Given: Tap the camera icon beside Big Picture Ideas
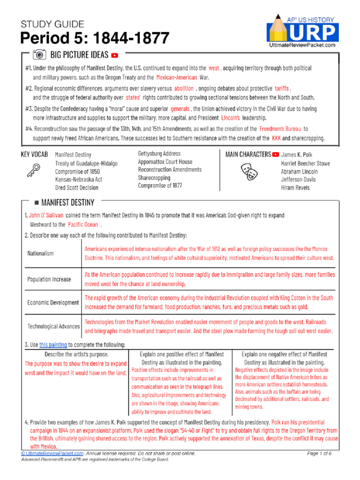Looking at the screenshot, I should tap(39, 54).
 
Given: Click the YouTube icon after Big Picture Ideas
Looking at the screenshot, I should tap(115, 55).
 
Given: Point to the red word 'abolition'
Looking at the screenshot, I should tap(183, 88).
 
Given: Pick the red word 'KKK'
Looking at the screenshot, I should tap(277, 138).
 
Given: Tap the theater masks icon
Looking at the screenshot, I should tap(248, 172).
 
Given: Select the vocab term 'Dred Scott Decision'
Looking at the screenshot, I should tap(76, 187).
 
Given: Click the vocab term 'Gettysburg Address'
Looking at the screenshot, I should tap(159, 154).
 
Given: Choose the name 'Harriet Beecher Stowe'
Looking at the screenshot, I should tap(305, 163).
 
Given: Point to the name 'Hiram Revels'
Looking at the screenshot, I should tap(295, 187).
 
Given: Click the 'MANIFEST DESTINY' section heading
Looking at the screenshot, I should tap(67, 202).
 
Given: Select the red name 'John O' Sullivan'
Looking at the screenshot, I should tap(46, 215).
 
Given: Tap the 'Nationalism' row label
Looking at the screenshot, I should tap(40, 253).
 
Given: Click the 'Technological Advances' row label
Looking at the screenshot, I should tap(53, 326).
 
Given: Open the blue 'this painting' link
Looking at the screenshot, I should tap(52, 345).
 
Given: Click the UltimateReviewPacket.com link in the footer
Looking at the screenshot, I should tap(52, 454).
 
